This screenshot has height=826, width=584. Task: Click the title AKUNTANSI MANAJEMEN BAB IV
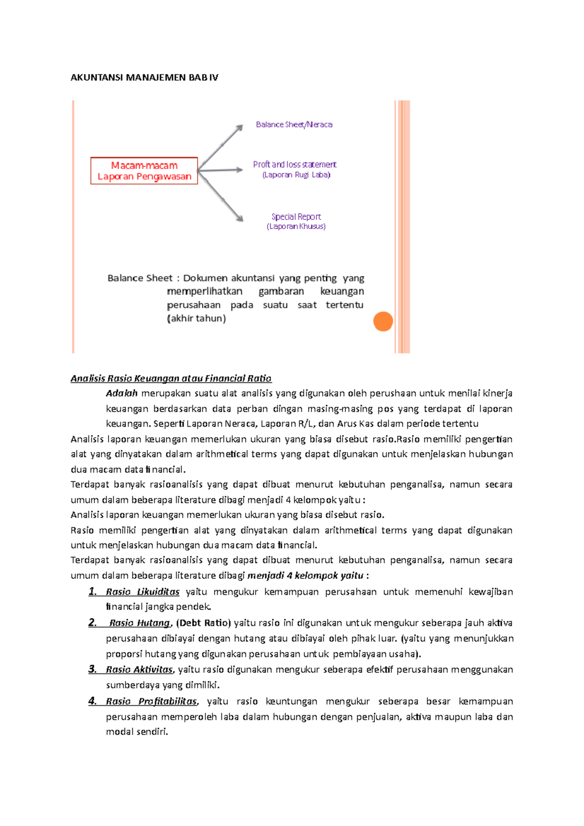[x=144, y=77]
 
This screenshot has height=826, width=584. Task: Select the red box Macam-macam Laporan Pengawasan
[x=144, y=171]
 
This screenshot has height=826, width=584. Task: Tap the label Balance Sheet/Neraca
[x=294, y=125]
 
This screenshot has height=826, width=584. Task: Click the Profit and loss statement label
[x=294, y=164]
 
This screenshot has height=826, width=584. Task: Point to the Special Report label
[x=296, y=216]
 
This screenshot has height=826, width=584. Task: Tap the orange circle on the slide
[x=383, y=322]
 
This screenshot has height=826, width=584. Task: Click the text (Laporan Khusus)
[x=296, y=227]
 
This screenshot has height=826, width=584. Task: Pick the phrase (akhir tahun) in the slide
[x=196, y=319]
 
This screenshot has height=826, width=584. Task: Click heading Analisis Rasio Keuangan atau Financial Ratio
[x=171, y=378]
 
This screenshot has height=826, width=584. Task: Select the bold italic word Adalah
[x=122, y=393]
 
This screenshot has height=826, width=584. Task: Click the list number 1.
[x=92, y=592]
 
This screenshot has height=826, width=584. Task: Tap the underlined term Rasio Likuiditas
[x=143, y=592]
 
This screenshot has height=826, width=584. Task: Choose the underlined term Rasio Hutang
[x=140, y=623]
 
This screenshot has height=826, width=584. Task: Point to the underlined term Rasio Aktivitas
[x=139, y=670]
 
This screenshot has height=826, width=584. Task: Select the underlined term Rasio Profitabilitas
[x=151, y=701]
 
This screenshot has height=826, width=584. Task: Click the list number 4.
[x=92, y=701]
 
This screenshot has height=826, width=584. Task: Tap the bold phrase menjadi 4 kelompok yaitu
[x=305, y=576]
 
